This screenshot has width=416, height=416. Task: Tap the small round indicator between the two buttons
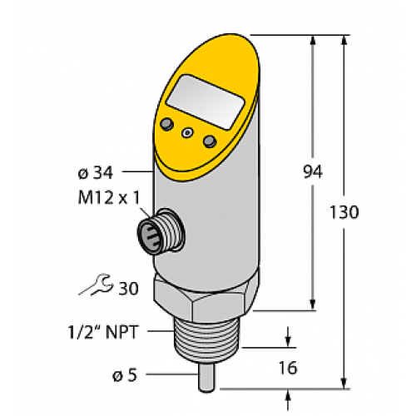188,132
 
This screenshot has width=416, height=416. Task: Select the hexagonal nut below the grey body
210,300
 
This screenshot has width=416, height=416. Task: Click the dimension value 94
313,172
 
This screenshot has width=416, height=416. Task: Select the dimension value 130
344,212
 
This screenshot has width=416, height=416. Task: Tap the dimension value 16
286,367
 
